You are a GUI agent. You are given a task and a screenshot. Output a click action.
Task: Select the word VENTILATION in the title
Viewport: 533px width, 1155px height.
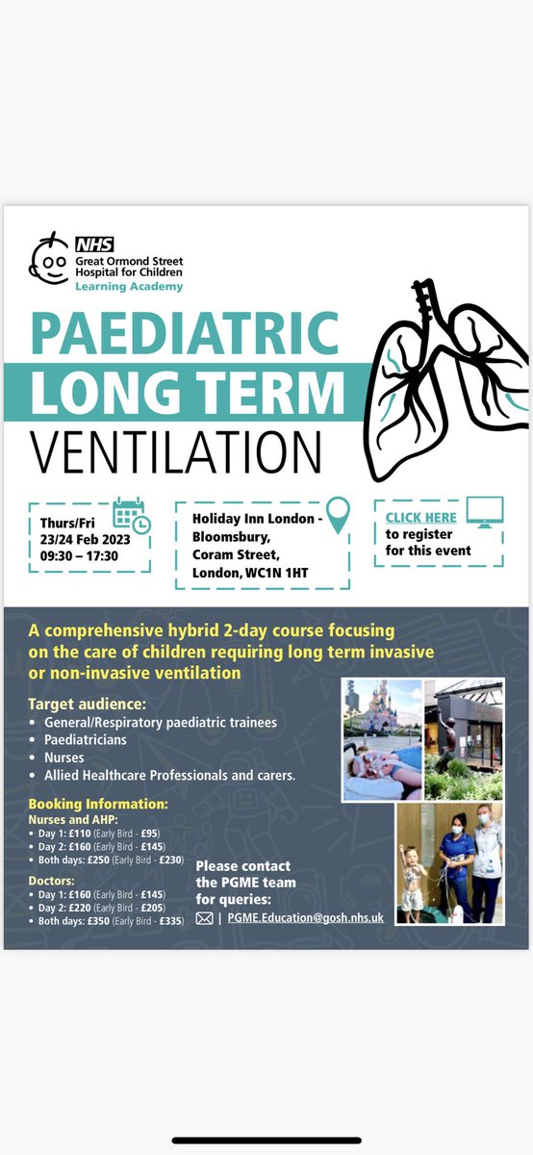(x=176, y=450)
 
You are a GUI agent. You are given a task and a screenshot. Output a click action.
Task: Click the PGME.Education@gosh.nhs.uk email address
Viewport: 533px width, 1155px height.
(x=306, y=918)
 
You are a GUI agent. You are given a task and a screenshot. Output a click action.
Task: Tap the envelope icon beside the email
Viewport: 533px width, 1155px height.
(x=204, y=918)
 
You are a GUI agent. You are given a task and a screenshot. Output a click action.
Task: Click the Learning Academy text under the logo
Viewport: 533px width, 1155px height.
(x=128, y=287)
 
